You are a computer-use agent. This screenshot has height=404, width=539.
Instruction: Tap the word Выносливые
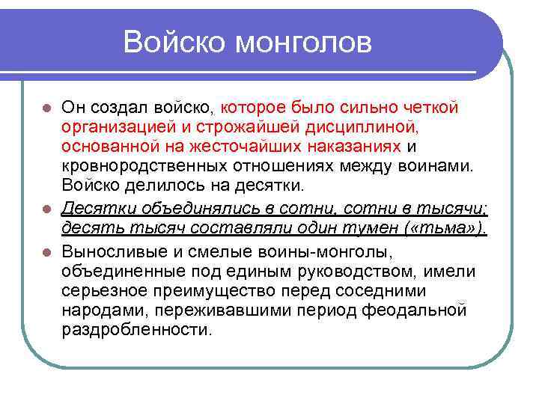coord(111,249)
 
